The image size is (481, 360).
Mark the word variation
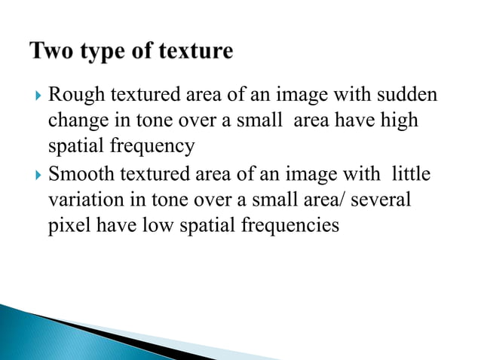pyautogui.click(x=81, y=200)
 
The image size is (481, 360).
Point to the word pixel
pyautogui.click(x=66, y=224)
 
